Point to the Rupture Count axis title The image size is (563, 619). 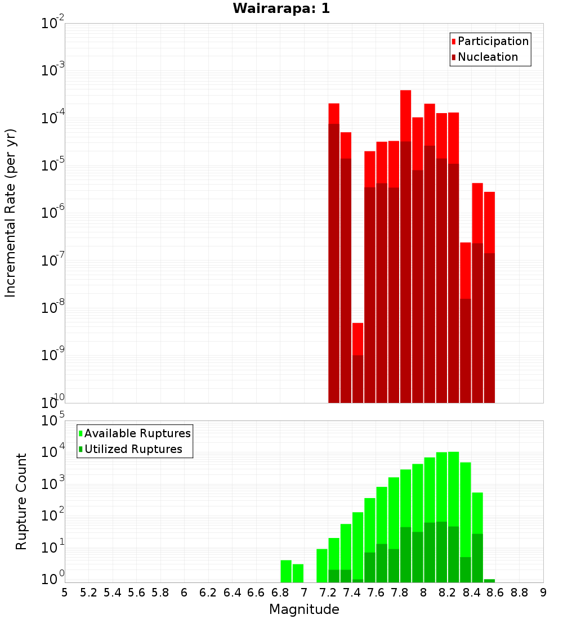pos(21,501)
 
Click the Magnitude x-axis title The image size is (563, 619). pos(304,609)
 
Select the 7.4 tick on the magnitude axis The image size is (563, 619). pos(351,593)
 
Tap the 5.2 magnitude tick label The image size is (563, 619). pos(88,593)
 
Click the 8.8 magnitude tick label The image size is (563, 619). pos(519,593)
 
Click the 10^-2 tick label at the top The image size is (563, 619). pos(52,24)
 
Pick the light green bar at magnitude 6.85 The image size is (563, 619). pos(286,571)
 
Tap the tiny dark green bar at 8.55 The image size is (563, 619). pos(489,581)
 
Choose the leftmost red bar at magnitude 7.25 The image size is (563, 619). pos(334,113)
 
